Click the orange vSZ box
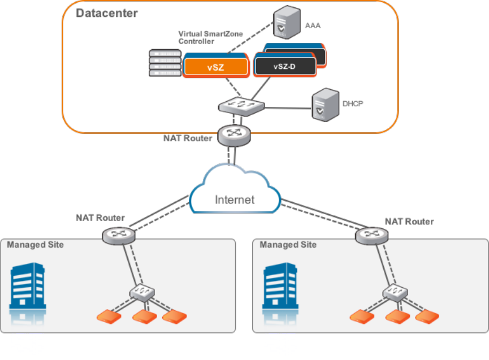[x=216, y=67]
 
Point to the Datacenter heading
[x=107, y=13]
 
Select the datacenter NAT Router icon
[x=232, y=133]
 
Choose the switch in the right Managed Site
[x=395, y=292]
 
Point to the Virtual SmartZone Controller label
[x=210, y=37]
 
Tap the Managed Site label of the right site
[x=288, y=245]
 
